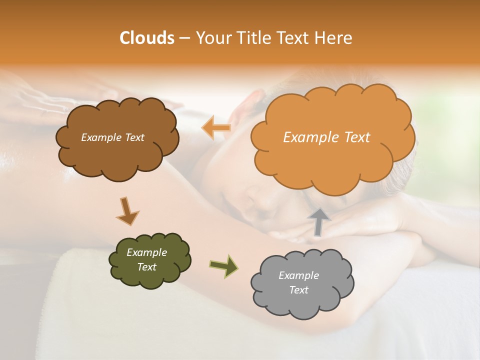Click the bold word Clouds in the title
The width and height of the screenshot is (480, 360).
tap(146, 38)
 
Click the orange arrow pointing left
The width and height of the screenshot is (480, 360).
tap(216, 128)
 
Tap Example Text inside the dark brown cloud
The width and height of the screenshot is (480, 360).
tap(112, 137)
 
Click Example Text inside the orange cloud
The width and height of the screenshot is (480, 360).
tap(326, 137)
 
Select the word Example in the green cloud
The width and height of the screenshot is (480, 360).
tap(146, 252)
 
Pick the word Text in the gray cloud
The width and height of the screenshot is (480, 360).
tap(298, 290)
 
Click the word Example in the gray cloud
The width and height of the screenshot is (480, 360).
tap(298, 275)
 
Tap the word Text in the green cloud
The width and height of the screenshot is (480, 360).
tap(146, 267)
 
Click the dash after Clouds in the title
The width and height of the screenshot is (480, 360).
tap(184, 38)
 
